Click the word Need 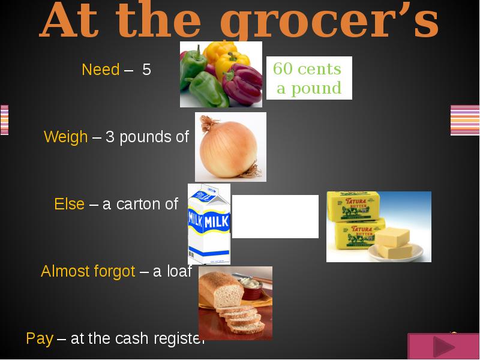(x=101, y=70)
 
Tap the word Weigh (x=66, y=137)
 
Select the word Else (x=70, y=204)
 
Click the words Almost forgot (x=88, y=271)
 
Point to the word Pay (x=40, y=338)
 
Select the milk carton (x=208, y=224)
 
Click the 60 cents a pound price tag (x=308, y=79)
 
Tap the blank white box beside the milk (x=275, y=217)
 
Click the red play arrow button (x=443, y=347)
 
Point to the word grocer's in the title (x=329, y=23)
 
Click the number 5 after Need (x=146, y=70)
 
